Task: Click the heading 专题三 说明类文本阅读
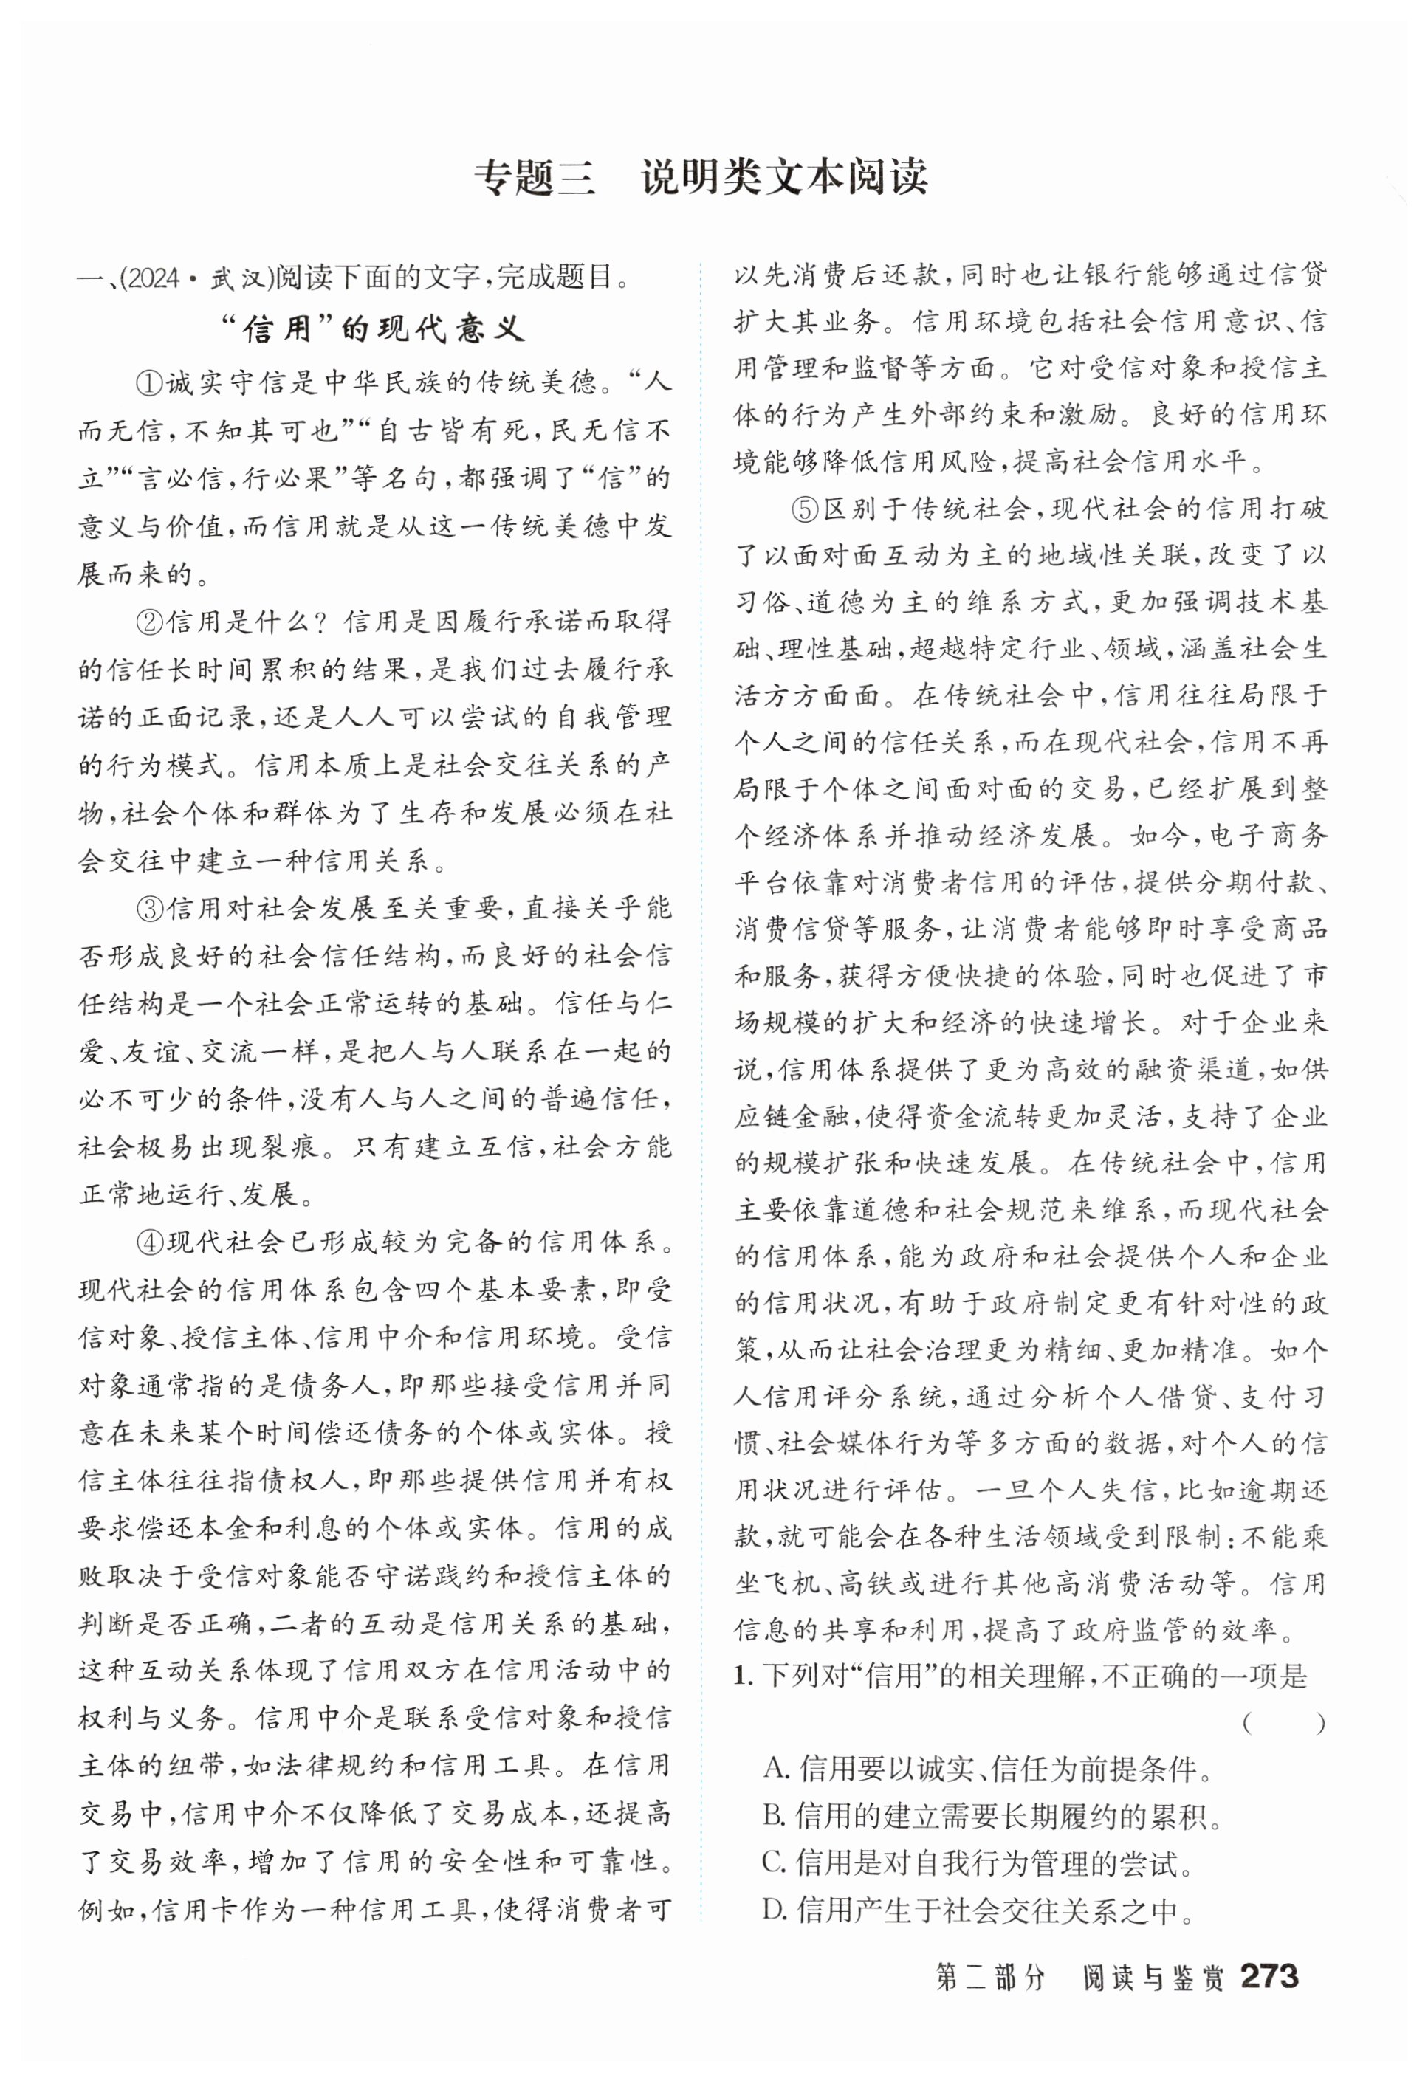[x=700, y=177]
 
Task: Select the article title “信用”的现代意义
[x=374, y=329]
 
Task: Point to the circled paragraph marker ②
[x=148, y=621]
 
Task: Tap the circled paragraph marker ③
[x=148, y=908]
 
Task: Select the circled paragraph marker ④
[x=148, y=1242]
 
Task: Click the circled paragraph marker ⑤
[x=805, y=509]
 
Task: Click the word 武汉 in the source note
[x=234, y=278]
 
